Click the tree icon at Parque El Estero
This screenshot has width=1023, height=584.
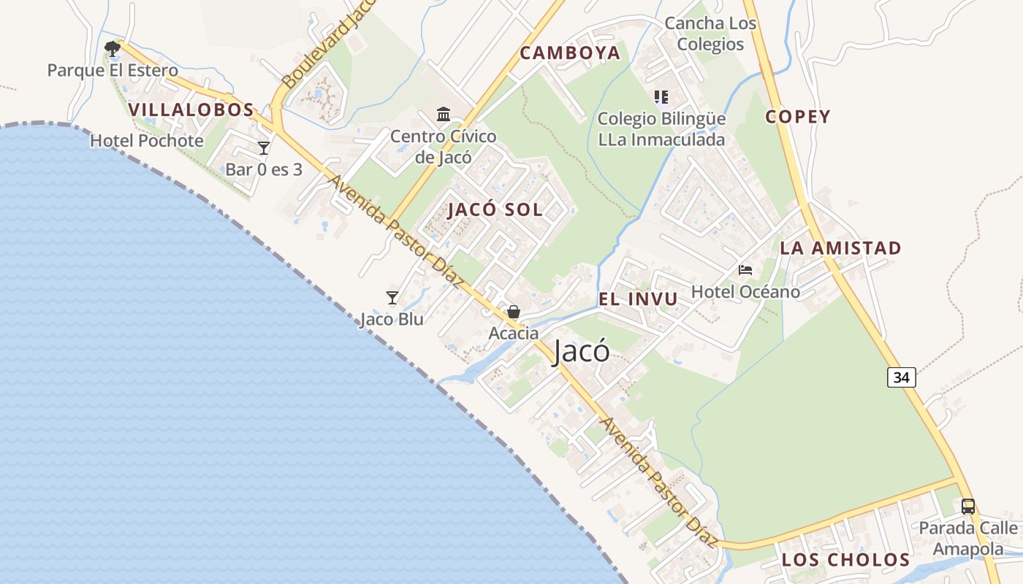113,49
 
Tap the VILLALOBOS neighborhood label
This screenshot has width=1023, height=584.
191,110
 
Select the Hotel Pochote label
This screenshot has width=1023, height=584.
146,141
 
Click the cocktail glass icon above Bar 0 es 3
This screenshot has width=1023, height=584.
264,148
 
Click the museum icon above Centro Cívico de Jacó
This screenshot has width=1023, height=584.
444,115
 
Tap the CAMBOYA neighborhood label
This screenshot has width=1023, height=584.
570,53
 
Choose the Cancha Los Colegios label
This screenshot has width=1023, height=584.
710,34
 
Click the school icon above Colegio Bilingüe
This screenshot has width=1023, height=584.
661,97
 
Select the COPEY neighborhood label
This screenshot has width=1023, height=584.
798,117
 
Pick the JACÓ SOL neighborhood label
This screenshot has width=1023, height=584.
495,210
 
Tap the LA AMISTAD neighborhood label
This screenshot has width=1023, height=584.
840,248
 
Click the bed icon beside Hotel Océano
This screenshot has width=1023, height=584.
745,270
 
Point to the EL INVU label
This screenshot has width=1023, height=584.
638,299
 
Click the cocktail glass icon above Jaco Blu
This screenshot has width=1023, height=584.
392,298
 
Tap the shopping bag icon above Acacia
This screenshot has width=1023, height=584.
514,312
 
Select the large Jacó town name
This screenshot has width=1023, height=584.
581,351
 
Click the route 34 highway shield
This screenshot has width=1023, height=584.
902,377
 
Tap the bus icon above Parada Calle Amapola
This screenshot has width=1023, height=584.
968,506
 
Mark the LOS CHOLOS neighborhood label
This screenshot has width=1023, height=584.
845,560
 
